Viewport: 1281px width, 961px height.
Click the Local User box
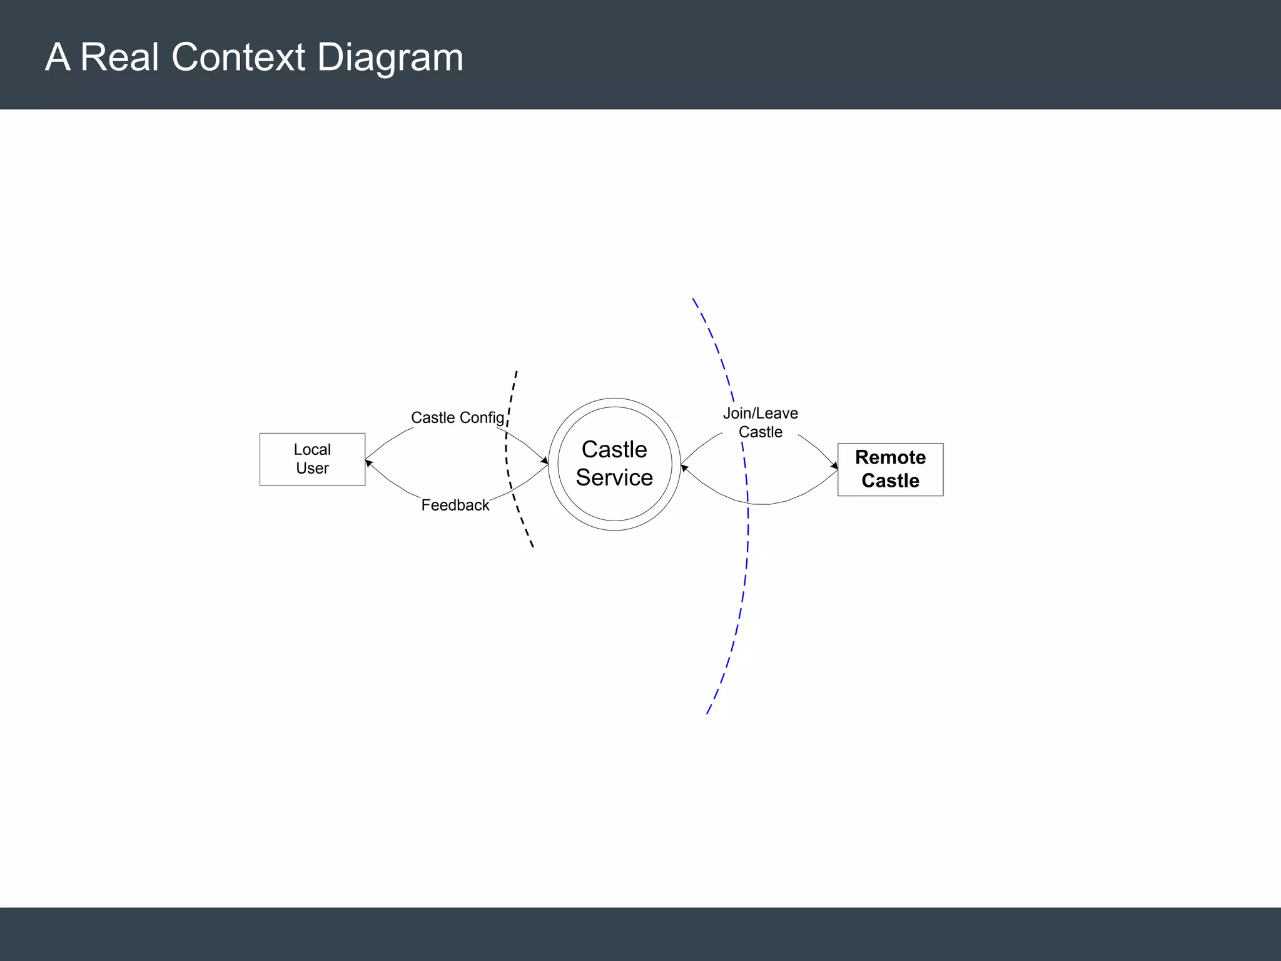click(x=312, y=459)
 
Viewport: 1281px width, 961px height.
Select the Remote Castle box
click(x=890, y=469)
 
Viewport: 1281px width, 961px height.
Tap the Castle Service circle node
click(x=614, y=464)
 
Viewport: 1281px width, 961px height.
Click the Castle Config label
click(x=457, y=417)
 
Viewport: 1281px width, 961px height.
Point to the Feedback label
click(x=455, y=505)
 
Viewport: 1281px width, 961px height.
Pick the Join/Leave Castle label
click(x=761, y=422)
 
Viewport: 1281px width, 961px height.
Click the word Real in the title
click(x=119, y=57)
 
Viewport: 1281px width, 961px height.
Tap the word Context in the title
click(x=238, y=57)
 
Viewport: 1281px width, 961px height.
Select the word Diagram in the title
click(x=390, y=58)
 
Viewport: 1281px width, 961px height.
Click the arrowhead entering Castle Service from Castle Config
click(x=545, y=461)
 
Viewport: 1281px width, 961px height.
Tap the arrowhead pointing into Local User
click(x=368, y=463)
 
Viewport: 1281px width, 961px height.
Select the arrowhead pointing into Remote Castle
click(x=834, y=465)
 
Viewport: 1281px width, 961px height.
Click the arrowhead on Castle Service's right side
click(x=684, y=467)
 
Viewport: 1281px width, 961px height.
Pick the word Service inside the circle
click(x=614, y=477)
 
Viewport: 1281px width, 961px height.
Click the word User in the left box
click(x=312, y=468)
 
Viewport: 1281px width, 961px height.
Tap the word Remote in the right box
click(x=890, y=457)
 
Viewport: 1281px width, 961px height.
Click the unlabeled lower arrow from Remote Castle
click(x=763, y=503)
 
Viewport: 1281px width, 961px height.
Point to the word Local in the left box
click(x=312, y=449)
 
